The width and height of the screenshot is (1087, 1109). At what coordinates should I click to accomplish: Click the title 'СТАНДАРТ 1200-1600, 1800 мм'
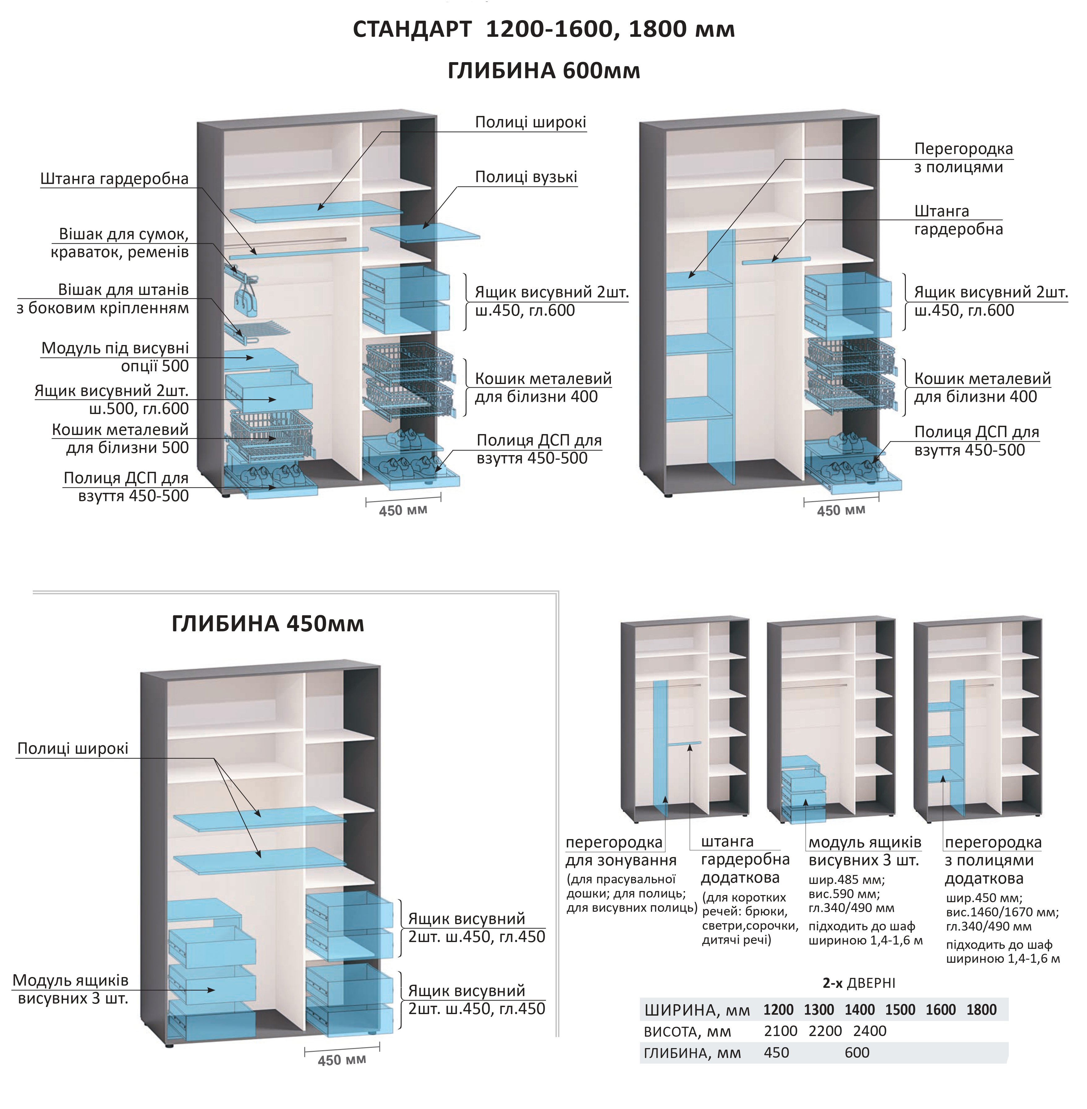pyautogui.click(x=543, y=29)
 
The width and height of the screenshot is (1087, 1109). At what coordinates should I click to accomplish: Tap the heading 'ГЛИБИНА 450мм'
pyautogui.click(x=268, y=624)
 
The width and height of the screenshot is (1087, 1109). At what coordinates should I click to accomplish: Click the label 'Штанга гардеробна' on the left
pyautogui.click(x=114, y=179)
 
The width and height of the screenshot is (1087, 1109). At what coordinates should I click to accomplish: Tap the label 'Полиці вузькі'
pyautogui.click(x=526, y=177)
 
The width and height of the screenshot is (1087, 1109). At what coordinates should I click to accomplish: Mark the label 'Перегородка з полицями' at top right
pyautogui.click(x=963, y=158)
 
